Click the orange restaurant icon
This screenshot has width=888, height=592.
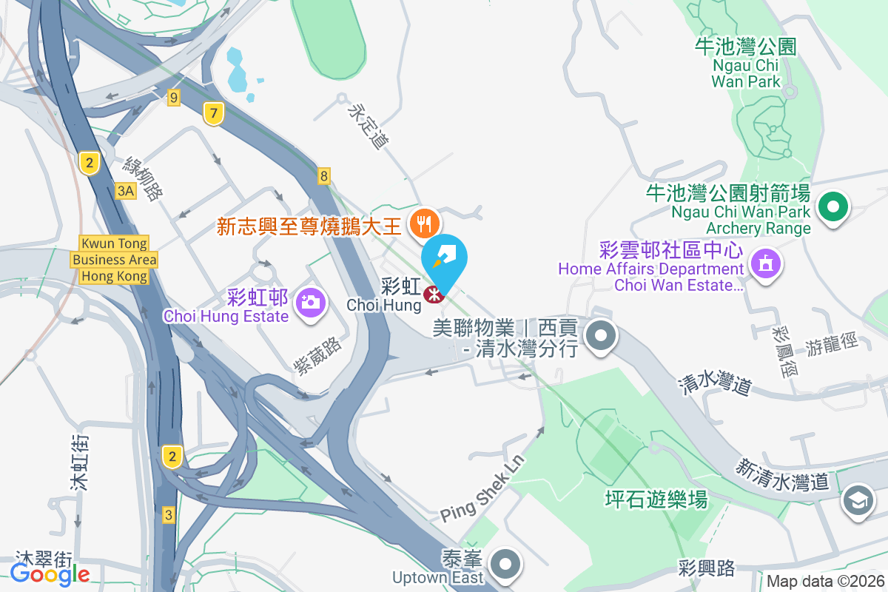tap(424, 221)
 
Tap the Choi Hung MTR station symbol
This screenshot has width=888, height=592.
tap(433, 295)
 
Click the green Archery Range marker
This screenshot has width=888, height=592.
tap(834, 207)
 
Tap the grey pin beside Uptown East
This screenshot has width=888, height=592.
tap(506, 564)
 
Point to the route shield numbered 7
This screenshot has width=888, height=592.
tap(213, 114)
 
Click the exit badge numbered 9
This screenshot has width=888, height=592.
tap(174, 97)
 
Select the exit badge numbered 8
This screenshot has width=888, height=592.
tap(323, 176)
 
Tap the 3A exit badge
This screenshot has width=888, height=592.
tap(127, 191)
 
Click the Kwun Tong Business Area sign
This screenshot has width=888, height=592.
tap(114, 260)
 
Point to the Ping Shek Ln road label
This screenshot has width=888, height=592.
tap(483, 488)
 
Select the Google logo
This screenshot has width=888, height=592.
tap(50, 573)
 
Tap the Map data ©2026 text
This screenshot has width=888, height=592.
tap(824, 581)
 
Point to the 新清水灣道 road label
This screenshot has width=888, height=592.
tap(782, 474)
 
